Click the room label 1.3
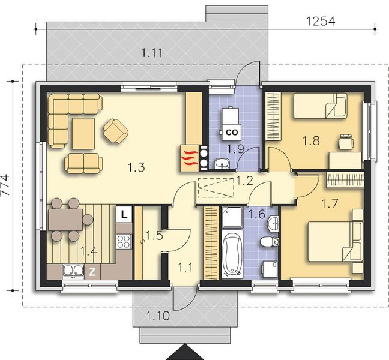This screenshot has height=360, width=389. click(137, 168)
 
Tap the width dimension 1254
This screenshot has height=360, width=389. click(320, 20)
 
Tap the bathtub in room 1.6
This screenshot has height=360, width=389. click(232, 256)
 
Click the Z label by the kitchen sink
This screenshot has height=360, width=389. click(92, 271)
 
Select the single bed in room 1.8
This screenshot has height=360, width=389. click(319, 107)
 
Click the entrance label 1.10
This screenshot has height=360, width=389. click(157, 314)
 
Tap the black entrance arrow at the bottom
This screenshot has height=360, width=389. click(185, 353)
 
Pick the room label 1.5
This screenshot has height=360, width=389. click(154, 236)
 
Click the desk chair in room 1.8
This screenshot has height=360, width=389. click(345, 142)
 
